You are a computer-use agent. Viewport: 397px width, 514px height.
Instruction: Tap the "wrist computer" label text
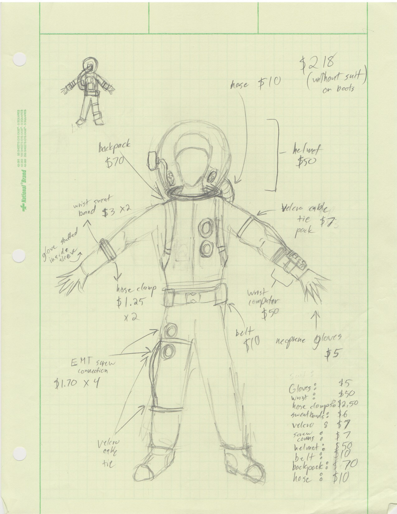[263, 297]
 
